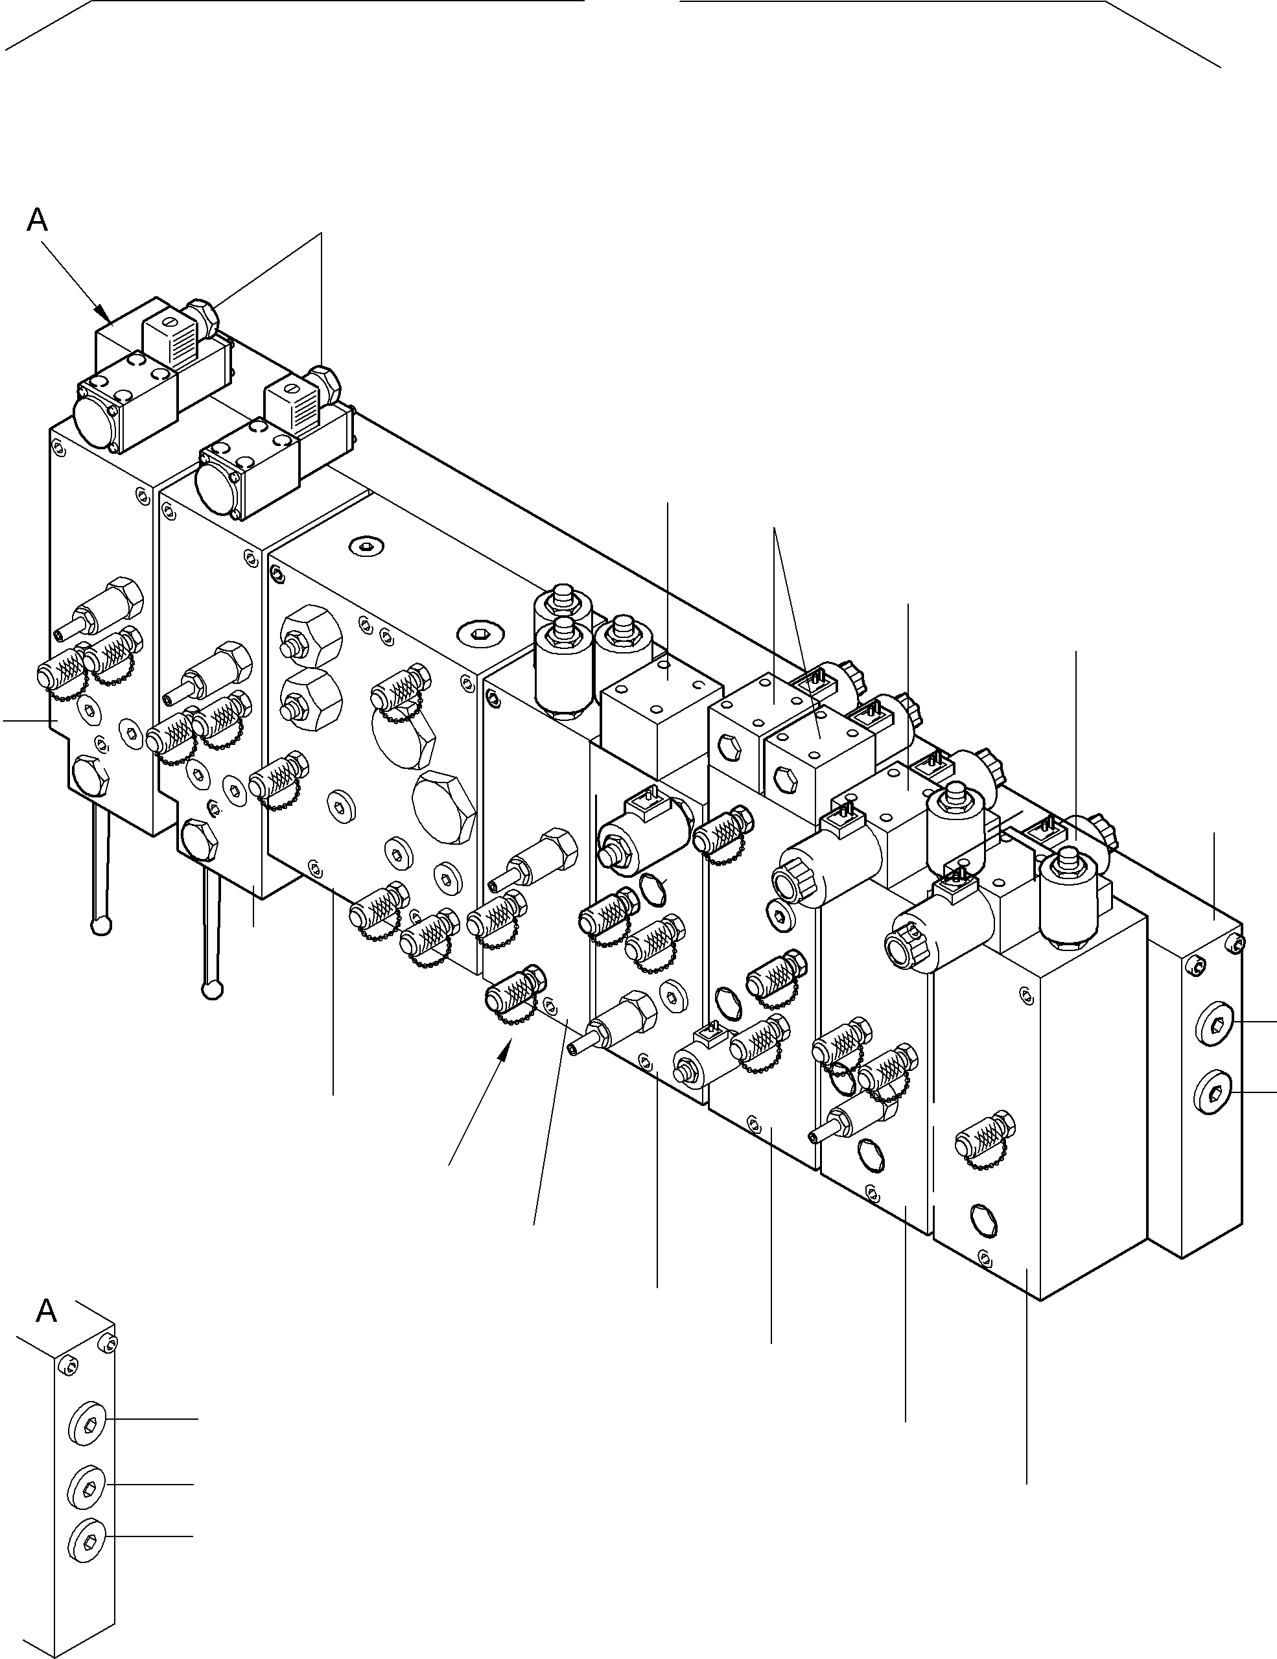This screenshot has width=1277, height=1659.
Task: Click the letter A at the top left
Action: (36, 220)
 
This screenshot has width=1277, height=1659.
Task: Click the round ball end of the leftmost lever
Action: (101, 925)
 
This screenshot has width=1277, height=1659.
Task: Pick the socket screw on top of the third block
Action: (366, 545)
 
